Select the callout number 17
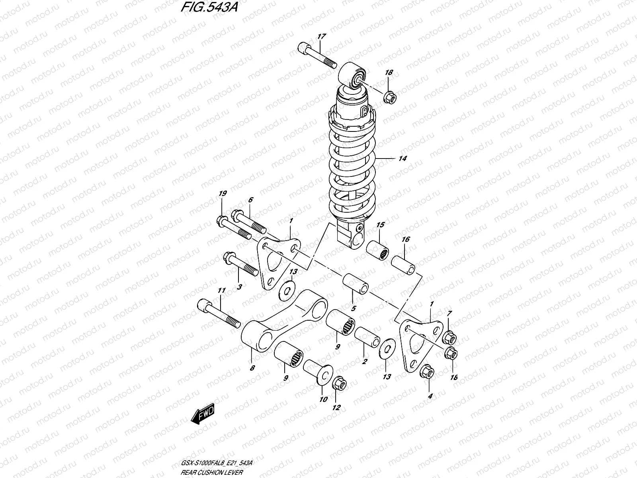pyautogui.click(x=321, y=37)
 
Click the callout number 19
pyautogui.click(x=223, y=194)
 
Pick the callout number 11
pyautogui.click(x=221, y=291)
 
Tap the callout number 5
pyautogui.click(x=353, y=308)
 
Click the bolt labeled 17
pyautogui.click(x=317, y=57)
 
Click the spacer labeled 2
pyautogui.click(x=366, y=337)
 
